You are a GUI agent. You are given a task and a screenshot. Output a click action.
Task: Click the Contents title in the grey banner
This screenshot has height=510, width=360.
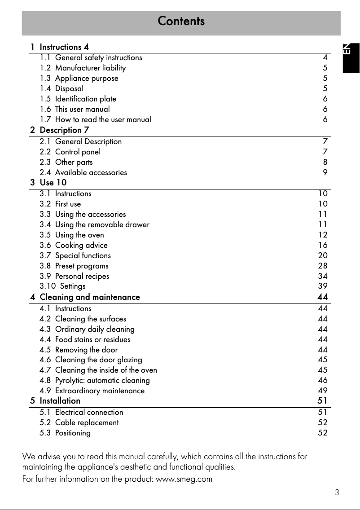coord(181,21)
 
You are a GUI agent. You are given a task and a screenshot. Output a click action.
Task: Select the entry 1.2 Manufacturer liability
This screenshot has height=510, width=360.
coord(83,68)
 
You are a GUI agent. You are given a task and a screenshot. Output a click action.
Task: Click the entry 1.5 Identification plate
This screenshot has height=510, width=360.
coord(78,99)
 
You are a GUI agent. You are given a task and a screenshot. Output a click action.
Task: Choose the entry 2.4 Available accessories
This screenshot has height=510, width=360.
coord(83,172)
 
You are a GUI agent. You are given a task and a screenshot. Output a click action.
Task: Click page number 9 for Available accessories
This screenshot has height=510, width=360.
coord(325,172)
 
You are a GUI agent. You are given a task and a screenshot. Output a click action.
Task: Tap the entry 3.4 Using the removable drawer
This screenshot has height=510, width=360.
coord(94,224)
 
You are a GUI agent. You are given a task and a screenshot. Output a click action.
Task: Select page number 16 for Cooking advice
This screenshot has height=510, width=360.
coord(323,245)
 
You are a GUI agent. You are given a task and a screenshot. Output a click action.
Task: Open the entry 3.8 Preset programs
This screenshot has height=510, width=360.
coord(74,266)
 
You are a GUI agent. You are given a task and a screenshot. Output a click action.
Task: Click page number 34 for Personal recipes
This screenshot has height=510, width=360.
coord(323,276)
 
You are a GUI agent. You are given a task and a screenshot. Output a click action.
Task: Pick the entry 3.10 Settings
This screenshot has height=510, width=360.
coord(62,286)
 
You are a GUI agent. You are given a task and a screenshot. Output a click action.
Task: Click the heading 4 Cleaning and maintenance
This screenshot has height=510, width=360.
coord(85,297)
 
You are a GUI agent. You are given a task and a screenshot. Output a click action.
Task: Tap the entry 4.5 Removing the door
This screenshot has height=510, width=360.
coord(79,350)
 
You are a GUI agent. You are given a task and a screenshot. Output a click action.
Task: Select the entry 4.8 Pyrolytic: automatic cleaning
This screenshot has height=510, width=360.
coord(95,380)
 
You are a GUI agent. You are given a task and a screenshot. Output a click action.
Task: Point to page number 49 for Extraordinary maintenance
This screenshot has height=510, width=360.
coord(323,391)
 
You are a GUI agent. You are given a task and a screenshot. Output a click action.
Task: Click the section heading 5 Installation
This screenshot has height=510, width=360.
coord(56,400)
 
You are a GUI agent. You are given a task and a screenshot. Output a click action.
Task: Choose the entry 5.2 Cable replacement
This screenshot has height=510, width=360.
coord(79,422)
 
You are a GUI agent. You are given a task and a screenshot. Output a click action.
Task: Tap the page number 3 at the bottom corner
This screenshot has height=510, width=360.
coord(337,492)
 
